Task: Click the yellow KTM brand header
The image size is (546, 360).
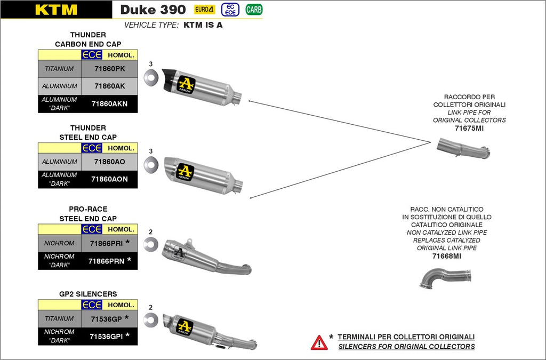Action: [x=56, y=10]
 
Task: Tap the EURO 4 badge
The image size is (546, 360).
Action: [x=204, y=10]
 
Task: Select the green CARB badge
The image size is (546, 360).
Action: [x=254, y=10]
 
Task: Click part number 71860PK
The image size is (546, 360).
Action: [x=109, y=69]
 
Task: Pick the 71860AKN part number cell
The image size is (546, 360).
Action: [x=109, y=103]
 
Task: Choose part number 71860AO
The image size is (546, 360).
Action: [x=109, y=162]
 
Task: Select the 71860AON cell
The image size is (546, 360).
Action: [x=109, y=179]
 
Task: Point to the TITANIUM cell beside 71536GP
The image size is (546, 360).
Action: [x=60, y=318]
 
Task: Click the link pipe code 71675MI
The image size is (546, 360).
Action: [x=469, y=129]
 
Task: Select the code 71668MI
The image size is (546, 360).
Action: [x=447, y=256]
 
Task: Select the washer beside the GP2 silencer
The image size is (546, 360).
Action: [x=151, y=319]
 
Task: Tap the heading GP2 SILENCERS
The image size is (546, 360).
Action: [x=88, y=294]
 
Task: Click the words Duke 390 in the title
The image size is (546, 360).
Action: [x=153, y=10]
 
